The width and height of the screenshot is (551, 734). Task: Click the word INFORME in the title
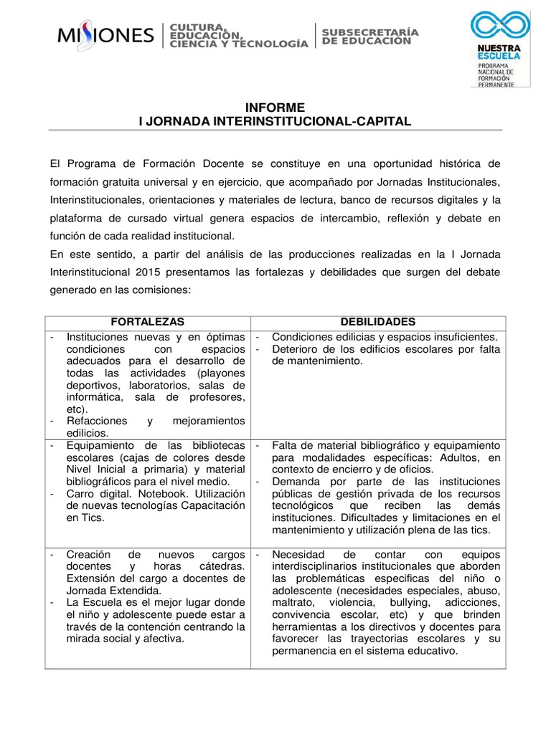[x=275, y=108]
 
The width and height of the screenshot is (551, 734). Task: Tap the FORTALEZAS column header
[x=147, y=322]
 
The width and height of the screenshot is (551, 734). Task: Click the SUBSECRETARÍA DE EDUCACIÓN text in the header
[x=369, y=37]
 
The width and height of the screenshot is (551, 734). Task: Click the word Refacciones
[x=97, y=421]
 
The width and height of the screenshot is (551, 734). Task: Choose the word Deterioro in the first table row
[x=296, y=349]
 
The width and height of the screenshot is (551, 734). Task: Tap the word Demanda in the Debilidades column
[x=295, y=481]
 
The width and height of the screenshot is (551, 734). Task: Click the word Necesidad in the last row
[x=298, y=555]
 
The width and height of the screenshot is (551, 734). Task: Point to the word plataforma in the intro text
[x=78, y=217]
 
